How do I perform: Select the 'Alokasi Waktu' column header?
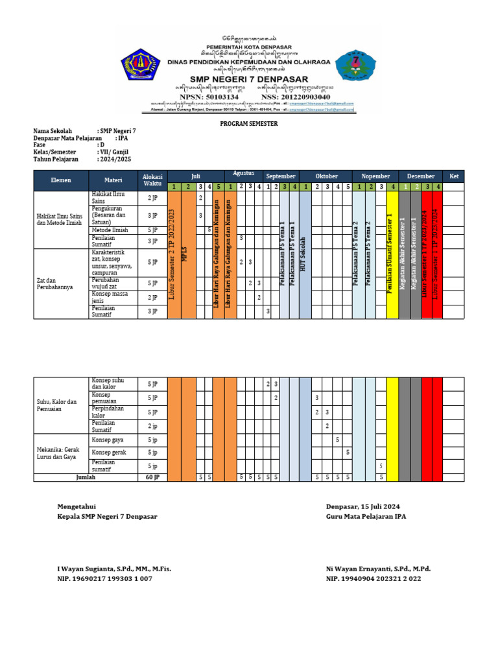[152, 180]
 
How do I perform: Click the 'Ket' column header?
[453, 176]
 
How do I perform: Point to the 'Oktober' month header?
[327, 176]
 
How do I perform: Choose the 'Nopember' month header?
[376, 176]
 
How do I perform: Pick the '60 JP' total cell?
[152, 477]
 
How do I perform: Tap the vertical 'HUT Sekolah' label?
[305, 253]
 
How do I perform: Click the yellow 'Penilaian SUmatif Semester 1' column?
[392, 253]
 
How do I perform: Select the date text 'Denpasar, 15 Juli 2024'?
[362, 506]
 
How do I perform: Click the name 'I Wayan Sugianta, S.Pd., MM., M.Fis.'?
[114, 569]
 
